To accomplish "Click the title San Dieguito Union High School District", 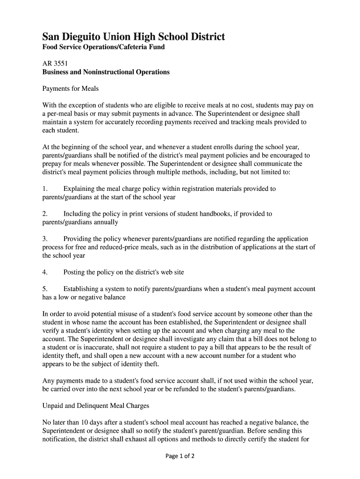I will (134, 36).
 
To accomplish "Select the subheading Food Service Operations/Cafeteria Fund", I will (103, 48).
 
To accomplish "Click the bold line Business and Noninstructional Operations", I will (106, 73).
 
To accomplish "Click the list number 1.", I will (45, 189).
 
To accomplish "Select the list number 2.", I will (45, 214).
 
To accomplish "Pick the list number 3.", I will (45, 239).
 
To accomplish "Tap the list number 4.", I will (45, 272).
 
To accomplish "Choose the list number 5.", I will (45, 289).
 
